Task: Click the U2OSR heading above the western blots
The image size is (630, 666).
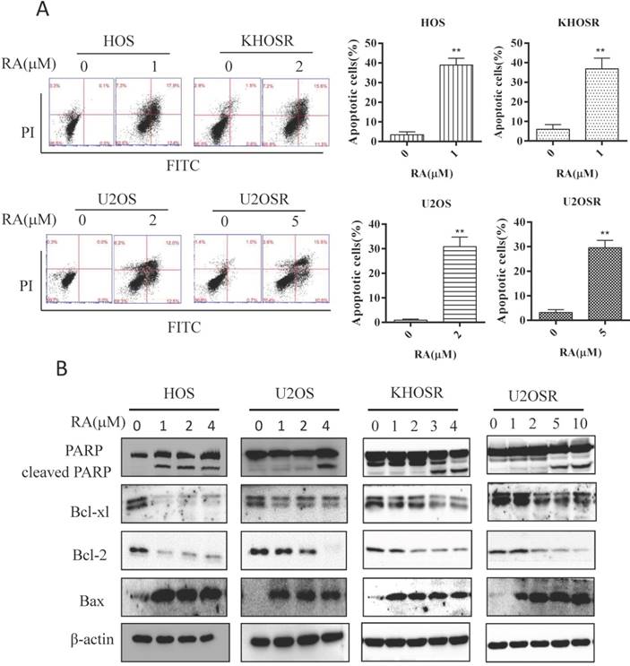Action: tap(538, 395)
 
